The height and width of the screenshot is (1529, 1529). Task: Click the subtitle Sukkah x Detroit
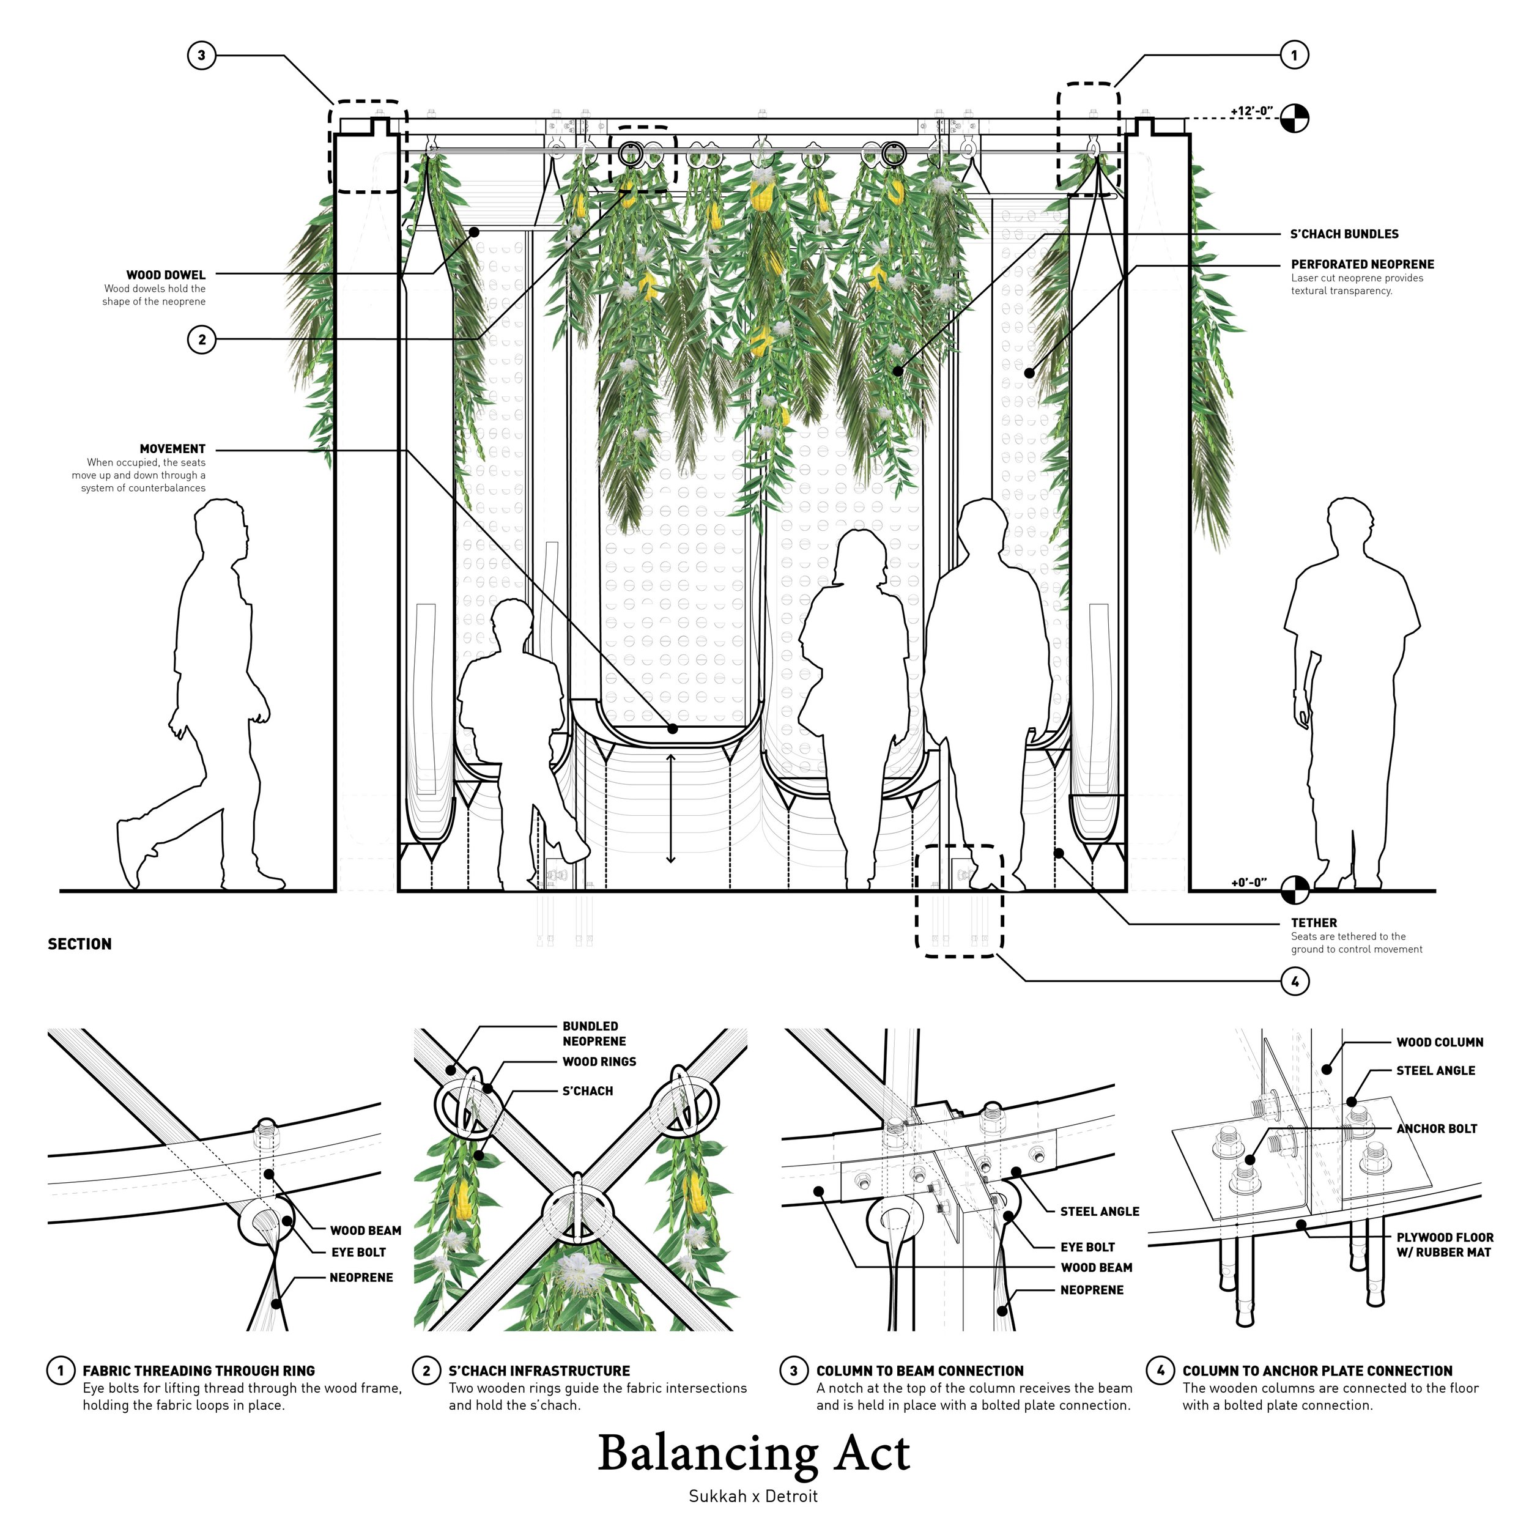click(753, 1497)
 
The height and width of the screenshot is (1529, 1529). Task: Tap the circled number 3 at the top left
click(201, 56)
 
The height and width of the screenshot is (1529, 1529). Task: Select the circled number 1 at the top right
click(1294, 56)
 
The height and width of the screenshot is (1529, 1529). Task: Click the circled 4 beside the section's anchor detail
click(1294, 982)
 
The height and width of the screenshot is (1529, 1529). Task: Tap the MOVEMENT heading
click(172, 449)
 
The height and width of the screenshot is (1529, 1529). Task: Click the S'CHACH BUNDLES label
click(1344, 234)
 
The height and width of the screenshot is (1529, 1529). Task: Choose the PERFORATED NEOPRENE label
click(1362, 264)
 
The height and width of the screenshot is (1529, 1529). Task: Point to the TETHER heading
click(1314, 923)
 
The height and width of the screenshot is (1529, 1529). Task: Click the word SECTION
click(80, 944)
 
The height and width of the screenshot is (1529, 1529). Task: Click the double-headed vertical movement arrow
click(670, 808)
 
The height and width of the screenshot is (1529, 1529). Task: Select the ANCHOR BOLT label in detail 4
click(1437, 1128)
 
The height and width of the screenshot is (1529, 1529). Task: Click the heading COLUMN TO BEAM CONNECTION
click(920, 1371)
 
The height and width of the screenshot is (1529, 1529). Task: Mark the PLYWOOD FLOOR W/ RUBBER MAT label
click(1445, 1245)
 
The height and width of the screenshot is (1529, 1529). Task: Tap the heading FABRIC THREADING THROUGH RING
click(199, 1371)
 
